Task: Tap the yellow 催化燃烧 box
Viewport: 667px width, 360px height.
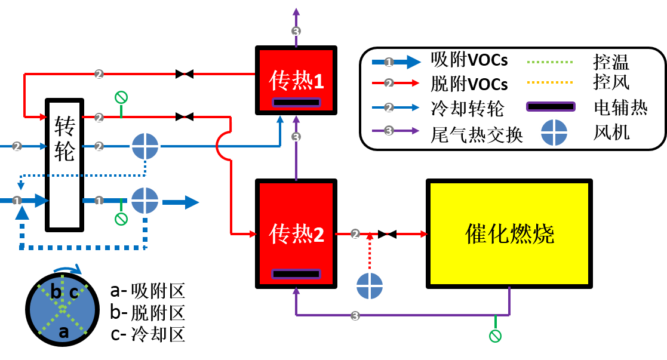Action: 509,233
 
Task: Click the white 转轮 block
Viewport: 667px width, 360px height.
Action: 64,165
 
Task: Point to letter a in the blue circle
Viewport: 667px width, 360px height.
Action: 63,332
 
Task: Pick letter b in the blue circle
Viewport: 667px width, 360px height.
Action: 56,293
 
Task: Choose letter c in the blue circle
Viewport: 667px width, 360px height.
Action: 74,293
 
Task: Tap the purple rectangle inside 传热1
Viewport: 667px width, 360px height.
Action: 296,102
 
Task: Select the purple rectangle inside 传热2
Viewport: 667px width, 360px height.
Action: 296,274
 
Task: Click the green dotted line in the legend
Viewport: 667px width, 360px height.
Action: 550,61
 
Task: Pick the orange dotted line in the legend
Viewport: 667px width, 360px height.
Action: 550,82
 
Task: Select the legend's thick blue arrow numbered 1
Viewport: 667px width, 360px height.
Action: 396,62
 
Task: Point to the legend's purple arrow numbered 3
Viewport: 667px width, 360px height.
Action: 395,130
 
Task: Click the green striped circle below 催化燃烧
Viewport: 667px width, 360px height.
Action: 495,336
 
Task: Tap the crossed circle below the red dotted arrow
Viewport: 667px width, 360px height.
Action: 370,286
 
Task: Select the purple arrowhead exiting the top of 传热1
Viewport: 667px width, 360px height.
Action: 296,11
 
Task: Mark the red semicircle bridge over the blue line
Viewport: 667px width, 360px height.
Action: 222,146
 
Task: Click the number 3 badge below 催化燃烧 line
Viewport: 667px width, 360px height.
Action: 355,316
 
